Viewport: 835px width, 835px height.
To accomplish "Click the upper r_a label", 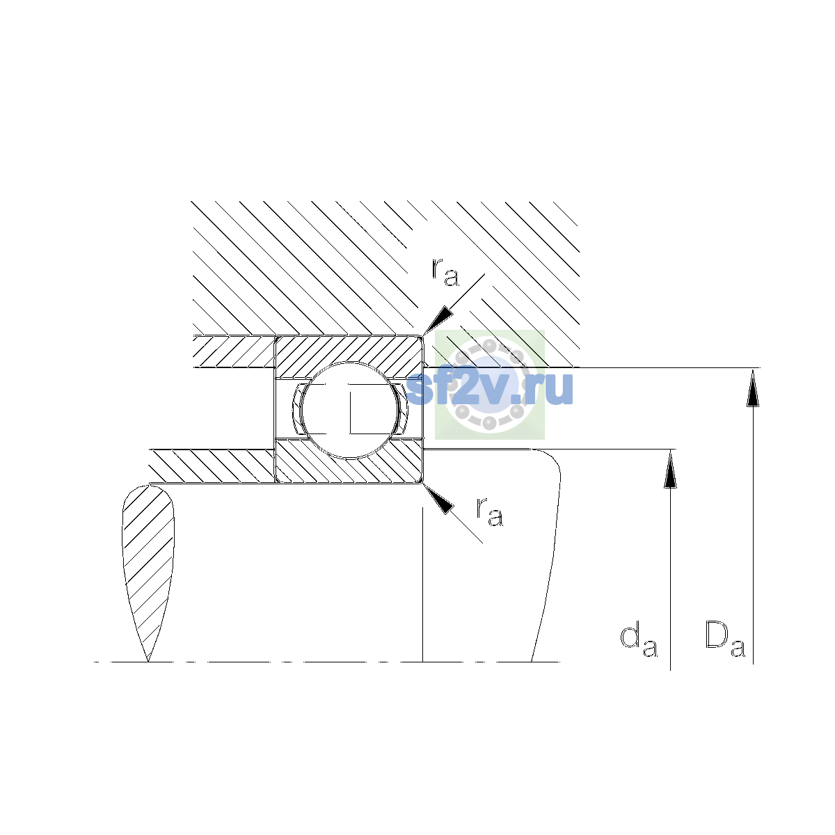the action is pos(445,273).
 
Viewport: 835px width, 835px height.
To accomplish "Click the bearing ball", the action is pos(349,410).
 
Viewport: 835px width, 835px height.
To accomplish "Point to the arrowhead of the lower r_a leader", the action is pos(438,499).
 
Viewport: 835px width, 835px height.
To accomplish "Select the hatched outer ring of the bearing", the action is pos(349,356).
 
